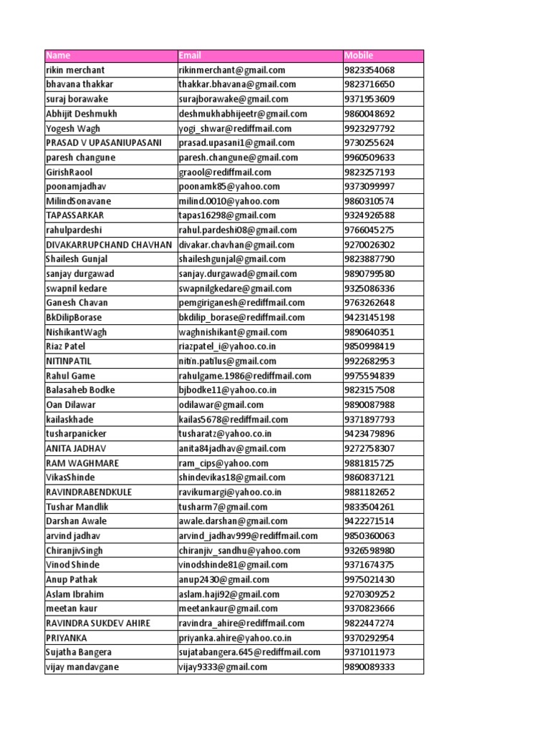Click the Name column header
point(58,55)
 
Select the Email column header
point(190,55)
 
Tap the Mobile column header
point(359,55)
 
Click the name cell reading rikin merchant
point(75,70)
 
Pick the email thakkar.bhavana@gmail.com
point(237,84)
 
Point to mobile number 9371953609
point(370,99)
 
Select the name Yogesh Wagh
point(72,128)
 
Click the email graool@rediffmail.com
point(225,172)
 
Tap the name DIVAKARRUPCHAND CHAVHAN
point(109,245)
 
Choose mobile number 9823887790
point(370,259)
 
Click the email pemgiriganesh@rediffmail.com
point(242,303)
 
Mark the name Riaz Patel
point(65,346)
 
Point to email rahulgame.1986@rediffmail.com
point(245,376)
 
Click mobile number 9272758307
point(370,448)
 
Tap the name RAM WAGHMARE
point(82,463)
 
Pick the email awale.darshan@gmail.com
point(233,521)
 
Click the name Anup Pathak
point(72,579)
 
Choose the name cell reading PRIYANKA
point(67,638)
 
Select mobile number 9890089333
point(370,666)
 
